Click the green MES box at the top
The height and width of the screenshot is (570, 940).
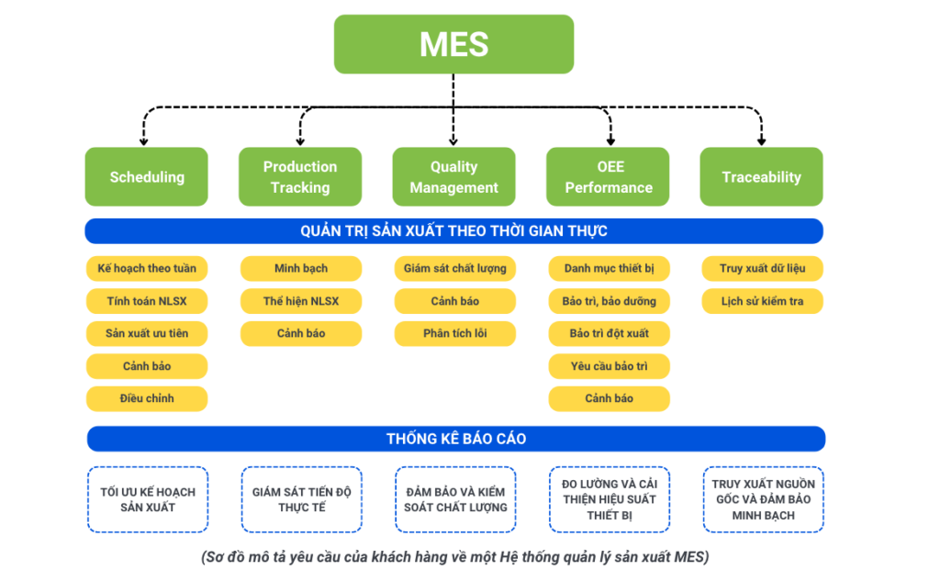point(453,44)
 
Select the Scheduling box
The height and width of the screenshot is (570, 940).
point(147,177)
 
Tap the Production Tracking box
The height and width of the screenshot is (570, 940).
point(300,177)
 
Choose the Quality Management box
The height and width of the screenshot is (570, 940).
point(453,177)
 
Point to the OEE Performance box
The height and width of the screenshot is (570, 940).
point(608,177)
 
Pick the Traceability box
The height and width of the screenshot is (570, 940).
point(761,177)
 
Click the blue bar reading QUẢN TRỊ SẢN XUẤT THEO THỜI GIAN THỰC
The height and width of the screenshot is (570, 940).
point(453,230)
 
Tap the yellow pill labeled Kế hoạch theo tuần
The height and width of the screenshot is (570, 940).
point(147,268)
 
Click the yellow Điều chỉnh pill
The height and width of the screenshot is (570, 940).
point(147,398)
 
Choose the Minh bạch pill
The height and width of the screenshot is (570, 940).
point(300,268)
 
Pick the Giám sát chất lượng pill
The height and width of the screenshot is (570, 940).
point(454,268)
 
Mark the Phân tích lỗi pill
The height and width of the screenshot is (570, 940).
point(454,333)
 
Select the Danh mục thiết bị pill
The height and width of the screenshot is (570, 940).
point(609,268)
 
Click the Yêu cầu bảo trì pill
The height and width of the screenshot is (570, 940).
point(609,366)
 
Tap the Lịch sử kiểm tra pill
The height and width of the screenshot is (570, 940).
point(762,301)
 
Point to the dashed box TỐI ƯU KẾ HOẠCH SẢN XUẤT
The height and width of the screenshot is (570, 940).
point(147,499)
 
